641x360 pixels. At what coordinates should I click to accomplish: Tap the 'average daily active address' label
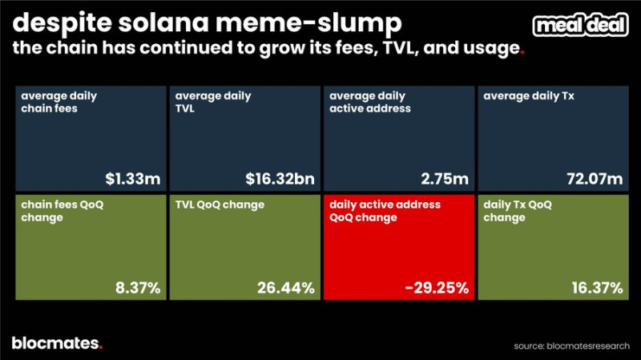point(371,103)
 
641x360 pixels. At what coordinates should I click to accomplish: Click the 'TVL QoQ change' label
point(221,205)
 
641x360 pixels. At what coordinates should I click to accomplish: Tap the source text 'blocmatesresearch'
point(589,346)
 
